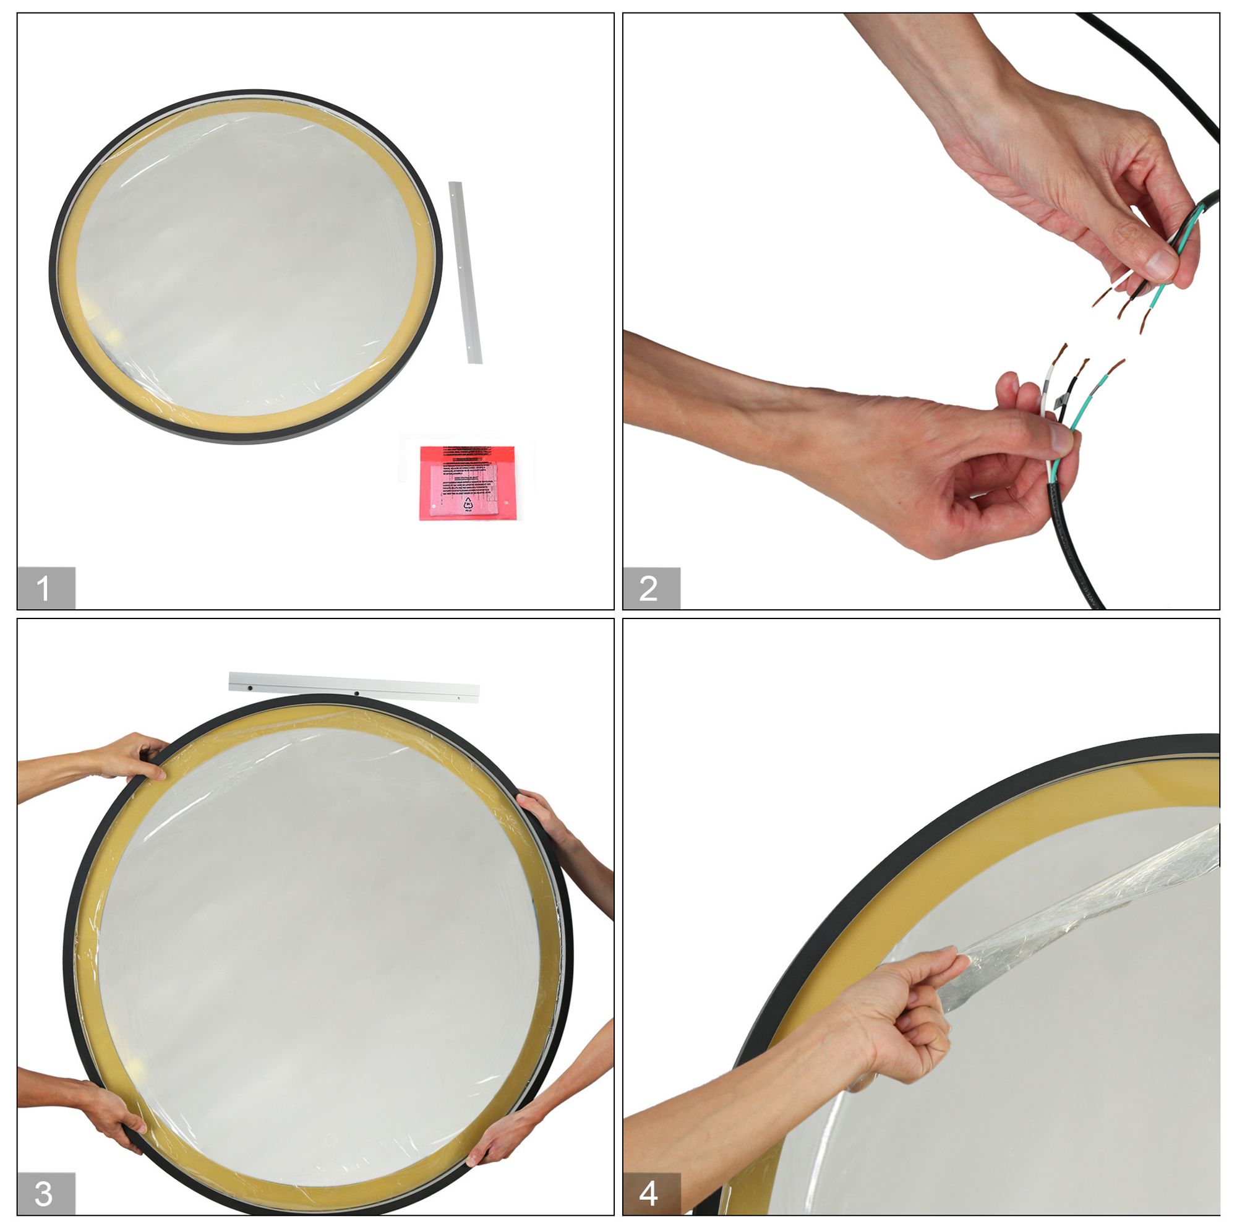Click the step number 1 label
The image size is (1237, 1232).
[45, 587]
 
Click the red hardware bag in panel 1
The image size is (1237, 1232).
[467, 483]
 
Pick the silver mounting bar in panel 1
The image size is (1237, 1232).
[465, 272]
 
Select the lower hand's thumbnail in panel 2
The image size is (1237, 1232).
[1061, 437]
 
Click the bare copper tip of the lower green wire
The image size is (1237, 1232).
[1115, 367]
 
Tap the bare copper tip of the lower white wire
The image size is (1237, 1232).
[1061, 352]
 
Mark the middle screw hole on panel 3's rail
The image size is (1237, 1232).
[356, 693]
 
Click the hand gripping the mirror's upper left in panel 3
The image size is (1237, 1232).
[134, 756]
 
